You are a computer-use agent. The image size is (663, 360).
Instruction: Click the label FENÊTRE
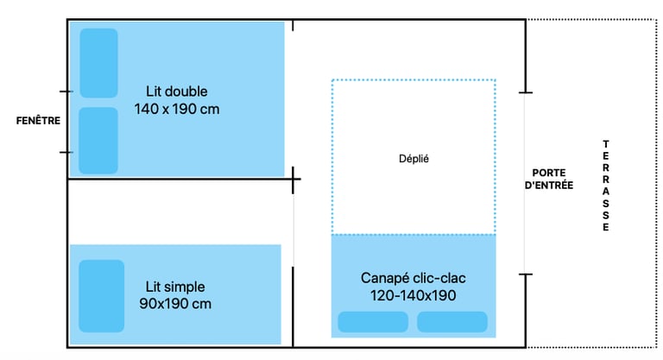click(38, 121)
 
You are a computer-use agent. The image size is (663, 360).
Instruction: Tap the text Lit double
click(177, 91)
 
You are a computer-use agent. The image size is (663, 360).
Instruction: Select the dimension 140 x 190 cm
click(177, 110)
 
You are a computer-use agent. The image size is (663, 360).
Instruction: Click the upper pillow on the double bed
click(98, 62)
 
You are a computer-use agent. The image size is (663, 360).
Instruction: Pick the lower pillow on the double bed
click(98, 141)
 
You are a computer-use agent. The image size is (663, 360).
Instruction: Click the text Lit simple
click(175, 286)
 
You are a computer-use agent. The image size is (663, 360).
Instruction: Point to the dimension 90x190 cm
click(175, 304)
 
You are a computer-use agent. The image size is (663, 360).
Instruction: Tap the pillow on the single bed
click(101, 296)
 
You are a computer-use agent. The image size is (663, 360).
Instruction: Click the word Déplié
click(414, 159)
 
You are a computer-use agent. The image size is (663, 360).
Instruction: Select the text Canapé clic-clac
click(414, 278)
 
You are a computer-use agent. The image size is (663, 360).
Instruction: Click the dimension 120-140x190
click(414, 295)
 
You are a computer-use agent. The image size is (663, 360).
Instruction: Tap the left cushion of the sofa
click(373, 322)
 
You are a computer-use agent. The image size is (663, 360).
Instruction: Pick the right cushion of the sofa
click(452, 322)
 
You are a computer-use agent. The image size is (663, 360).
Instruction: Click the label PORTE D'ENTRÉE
click(549, 178)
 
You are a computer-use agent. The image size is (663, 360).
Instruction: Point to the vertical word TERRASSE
click(605, 186)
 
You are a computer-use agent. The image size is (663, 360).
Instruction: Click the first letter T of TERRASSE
click(605, 143)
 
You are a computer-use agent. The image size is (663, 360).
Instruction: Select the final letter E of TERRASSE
click(605, 228)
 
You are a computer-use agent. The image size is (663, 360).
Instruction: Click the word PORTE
click(549, 172)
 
